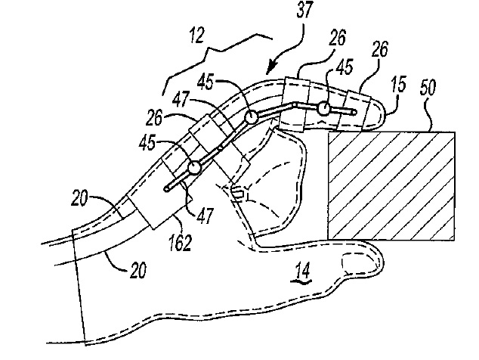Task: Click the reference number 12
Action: pyautogui.click(x=196, y=36)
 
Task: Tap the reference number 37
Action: pyautogui.click(x=304, y=10)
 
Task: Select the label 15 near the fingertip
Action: pyautogui.click(x=398, y=85)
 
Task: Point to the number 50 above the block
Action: pyautogui.click(x=427, y=88)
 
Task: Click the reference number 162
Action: pyautogui.click(x=181, y=242)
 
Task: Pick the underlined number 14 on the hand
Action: pyautogui.click(x=303, y=270)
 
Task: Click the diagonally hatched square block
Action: pyautogui.click(x=391, y=185)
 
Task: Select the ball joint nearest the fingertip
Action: pyautogui.click(x=323, y=109)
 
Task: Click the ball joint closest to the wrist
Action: pyautogui.click(x=194, y=167)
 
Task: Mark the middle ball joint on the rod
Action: pyautogui.click(x=251, y=117)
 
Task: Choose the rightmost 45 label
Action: pyautogui.click(x=345, y=67)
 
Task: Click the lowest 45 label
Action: pyautogui.click(x=147, y=142)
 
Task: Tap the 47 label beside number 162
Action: pyautogui.click(x=205, y=216)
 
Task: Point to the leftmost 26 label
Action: pyautogui.click(x=154, y=118)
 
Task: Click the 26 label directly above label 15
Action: pyautogui.click(x=380, y=49)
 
